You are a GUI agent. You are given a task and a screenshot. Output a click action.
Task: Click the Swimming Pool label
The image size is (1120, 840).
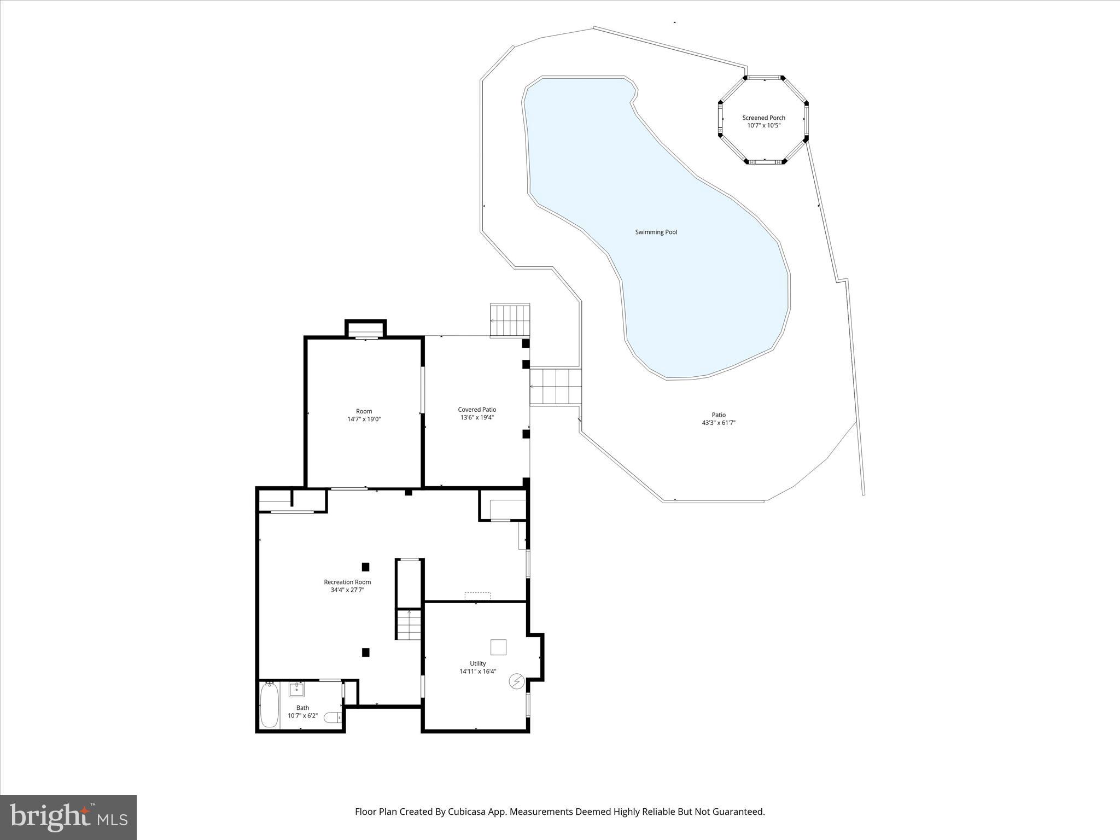[x=656, y=232]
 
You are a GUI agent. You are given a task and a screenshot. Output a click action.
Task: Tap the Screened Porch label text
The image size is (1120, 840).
[x=763, y=118]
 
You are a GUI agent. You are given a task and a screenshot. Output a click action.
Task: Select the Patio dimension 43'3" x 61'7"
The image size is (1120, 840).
[x=719, y=423]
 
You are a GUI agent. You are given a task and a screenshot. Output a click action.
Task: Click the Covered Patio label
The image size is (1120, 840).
[x=477, y=410]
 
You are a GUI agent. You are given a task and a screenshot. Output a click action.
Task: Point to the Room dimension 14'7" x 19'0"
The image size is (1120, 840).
[x=364, y=419]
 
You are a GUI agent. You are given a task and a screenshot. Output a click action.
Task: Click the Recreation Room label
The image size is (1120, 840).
[x=347, y=582]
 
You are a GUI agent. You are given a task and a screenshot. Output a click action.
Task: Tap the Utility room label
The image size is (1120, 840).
[x=477, y=663]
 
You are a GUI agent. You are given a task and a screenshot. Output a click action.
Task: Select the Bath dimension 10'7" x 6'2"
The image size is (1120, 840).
[x=302, y=716]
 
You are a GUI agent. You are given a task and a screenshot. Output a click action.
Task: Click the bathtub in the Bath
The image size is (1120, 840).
[x=269, y=705]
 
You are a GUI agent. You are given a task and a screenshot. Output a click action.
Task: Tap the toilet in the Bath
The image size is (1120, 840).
[x=332, y=717]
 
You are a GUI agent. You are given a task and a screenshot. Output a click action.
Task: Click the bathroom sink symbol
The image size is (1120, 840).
[x=296, y=689]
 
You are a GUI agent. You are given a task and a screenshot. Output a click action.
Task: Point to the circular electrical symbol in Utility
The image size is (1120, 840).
[x=516, y=681]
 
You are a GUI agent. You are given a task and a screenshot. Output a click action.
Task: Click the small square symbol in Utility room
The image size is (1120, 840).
[x=498, y=647]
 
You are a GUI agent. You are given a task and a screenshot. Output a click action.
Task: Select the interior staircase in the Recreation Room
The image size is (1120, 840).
[x=409, y=624]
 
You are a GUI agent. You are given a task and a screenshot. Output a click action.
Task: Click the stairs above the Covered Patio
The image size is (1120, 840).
[x=510, y=320]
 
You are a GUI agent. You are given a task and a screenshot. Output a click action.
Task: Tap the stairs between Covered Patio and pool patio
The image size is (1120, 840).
[x=555, y=387]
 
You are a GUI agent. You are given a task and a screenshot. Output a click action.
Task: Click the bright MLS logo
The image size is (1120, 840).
[x=68, y=818]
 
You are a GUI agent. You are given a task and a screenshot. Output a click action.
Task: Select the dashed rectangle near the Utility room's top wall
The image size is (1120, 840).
[x=477, y=596]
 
